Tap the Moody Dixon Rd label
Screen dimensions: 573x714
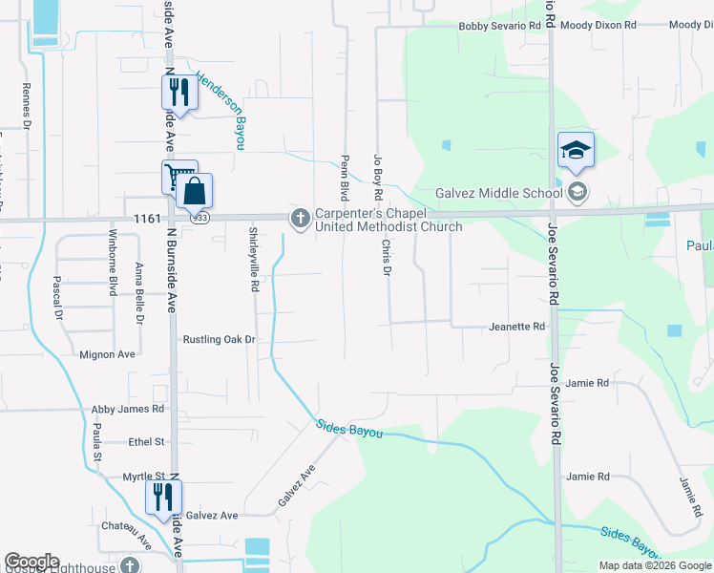coord(598,26)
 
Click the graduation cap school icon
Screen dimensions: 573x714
coord(576,150)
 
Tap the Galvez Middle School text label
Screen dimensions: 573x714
coord(498,193)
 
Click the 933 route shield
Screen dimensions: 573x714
coord(198,218)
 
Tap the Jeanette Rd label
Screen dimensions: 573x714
coord(516,327)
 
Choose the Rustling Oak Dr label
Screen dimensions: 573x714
coord(220,339)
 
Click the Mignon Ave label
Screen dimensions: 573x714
coord(107,354)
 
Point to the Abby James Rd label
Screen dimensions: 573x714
coord(128,409)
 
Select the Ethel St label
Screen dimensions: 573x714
coord(147,442)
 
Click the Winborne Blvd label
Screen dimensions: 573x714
coord(112,264)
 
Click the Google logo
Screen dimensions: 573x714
coord(31,562)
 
